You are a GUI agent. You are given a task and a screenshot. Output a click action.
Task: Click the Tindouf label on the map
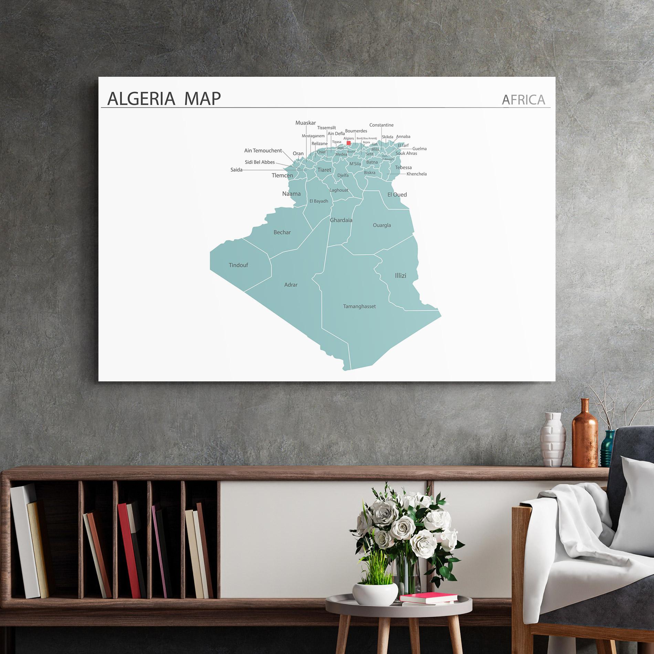point(238,265)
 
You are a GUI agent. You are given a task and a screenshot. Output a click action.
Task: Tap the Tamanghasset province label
point(359,306)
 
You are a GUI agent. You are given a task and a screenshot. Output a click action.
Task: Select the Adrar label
point(291,285)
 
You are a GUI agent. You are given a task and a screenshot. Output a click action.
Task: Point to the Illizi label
point(400,275)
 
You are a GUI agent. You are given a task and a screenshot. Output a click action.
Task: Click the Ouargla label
point(382,225)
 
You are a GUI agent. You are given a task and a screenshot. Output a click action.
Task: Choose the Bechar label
point(282,232)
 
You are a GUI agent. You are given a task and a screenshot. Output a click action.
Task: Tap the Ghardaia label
point(341,220)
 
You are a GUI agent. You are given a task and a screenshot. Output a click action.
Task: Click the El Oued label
point(397,194)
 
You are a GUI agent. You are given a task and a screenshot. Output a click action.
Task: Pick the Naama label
point(291,194)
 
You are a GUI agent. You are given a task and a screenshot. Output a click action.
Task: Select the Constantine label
point(381,125)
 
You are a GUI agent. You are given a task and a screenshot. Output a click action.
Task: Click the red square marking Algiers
point(348,143)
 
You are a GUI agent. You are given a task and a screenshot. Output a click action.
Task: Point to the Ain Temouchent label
point(263,150)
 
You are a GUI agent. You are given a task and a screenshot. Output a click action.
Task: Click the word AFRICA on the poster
point(523,100)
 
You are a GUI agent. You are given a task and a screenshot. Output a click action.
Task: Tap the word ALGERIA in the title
point(141,99)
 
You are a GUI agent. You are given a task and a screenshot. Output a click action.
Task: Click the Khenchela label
point(416,174)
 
